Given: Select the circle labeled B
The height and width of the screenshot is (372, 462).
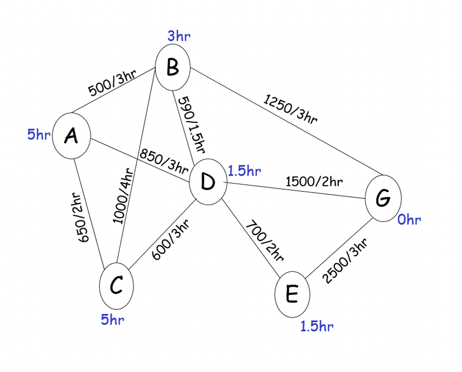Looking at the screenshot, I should (173, 67).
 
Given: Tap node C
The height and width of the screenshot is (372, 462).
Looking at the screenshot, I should (117, 286).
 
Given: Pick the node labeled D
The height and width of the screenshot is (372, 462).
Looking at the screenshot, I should (208, 182).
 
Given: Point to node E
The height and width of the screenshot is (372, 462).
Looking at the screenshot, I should (293, 294).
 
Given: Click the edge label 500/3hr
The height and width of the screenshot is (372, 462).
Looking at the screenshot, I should (112, 82).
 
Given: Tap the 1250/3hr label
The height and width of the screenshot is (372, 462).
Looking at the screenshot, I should (291, 109).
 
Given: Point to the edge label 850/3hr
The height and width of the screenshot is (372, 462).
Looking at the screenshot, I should (163, 162).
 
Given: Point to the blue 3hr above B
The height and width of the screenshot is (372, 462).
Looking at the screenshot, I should (179, 36).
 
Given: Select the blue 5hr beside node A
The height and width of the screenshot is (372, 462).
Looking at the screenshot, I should (38, 135).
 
